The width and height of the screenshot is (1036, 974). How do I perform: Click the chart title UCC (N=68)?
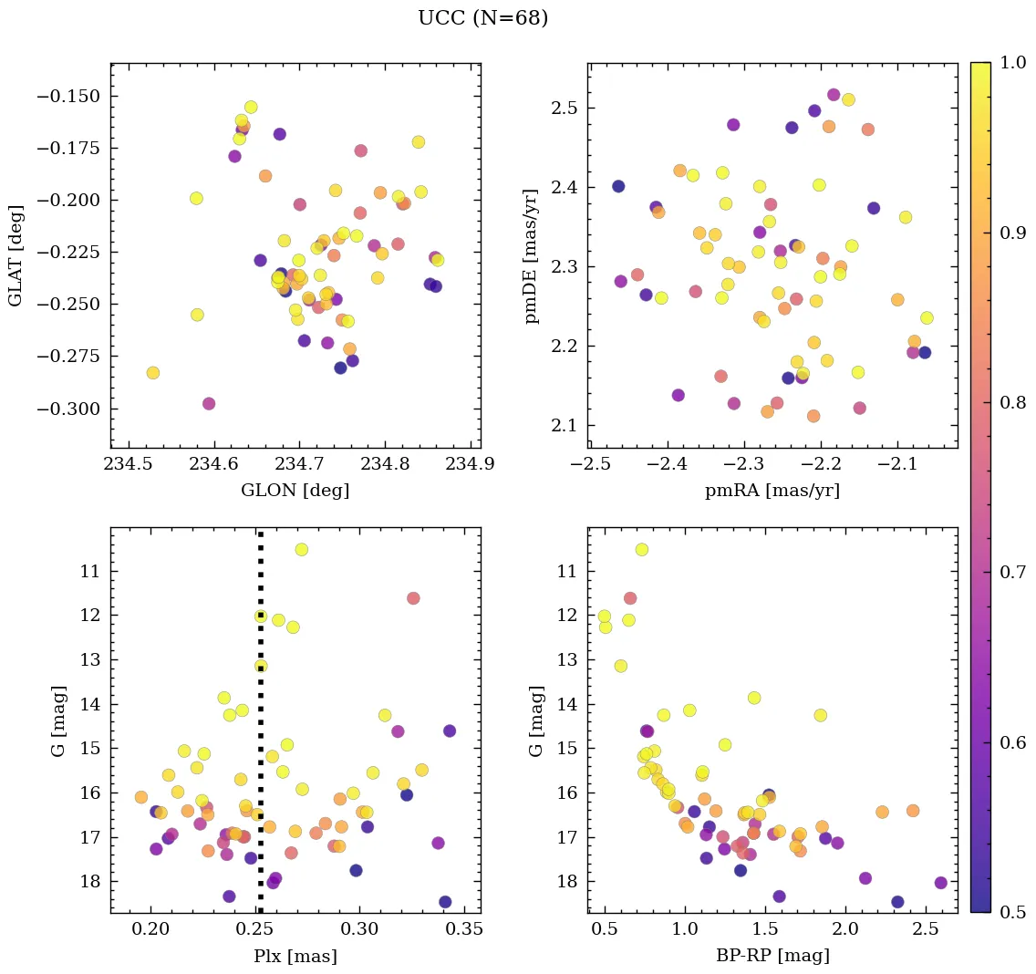coord(482,18)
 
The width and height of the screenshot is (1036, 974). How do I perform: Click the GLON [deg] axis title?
coord(295,491)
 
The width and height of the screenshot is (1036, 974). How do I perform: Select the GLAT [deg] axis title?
coord(16,255)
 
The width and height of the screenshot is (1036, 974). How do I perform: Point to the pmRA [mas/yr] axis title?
coord(772,491)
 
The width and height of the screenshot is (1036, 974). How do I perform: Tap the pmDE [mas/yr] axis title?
coord(532,256)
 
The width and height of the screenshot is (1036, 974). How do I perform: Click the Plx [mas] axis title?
coord(295,957)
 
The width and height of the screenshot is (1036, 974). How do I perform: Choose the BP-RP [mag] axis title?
coord(772,957)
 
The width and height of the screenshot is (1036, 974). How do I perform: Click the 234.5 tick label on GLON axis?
coord(129,465)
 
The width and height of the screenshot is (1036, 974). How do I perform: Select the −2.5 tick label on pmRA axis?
coord(589,465)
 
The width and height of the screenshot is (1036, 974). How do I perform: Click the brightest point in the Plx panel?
coord(301,549)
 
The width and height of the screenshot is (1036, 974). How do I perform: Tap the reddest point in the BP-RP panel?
coord(940,883)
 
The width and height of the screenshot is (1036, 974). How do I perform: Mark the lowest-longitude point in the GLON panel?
coord(152,372)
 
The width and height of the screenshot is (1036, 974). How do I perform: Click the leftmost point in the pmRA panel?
coord(617,186)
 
